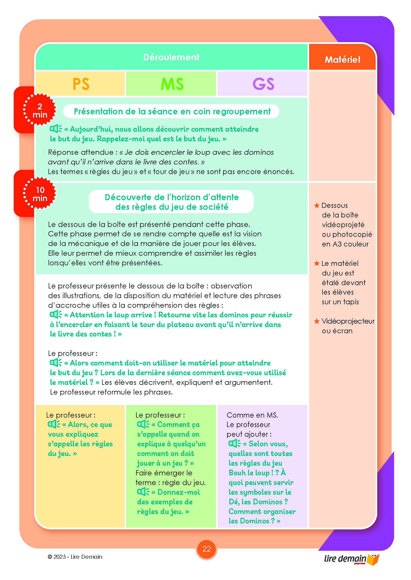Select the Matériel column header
[342, 60]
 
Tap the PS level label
[81, 84]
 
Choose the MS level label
[172, 84]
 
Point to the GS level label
[263, 84]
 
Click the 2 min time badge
[40, 110]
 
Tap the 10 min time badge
[40, 194]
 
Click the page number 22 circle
[206, 549]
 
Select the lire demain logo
[351, 559]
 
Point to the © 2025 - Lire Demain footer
[75, 556]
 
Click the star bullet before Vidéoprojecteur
[317, 321]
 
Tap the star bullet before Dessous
[317, 205]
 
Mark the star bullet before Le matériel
[317, 264]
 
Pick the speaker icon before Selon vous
[234, 443]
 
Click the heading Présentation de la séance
[172, 111]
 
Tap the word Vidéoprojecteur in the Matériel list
[348, 321]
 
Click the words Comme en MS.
[252, 415]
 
